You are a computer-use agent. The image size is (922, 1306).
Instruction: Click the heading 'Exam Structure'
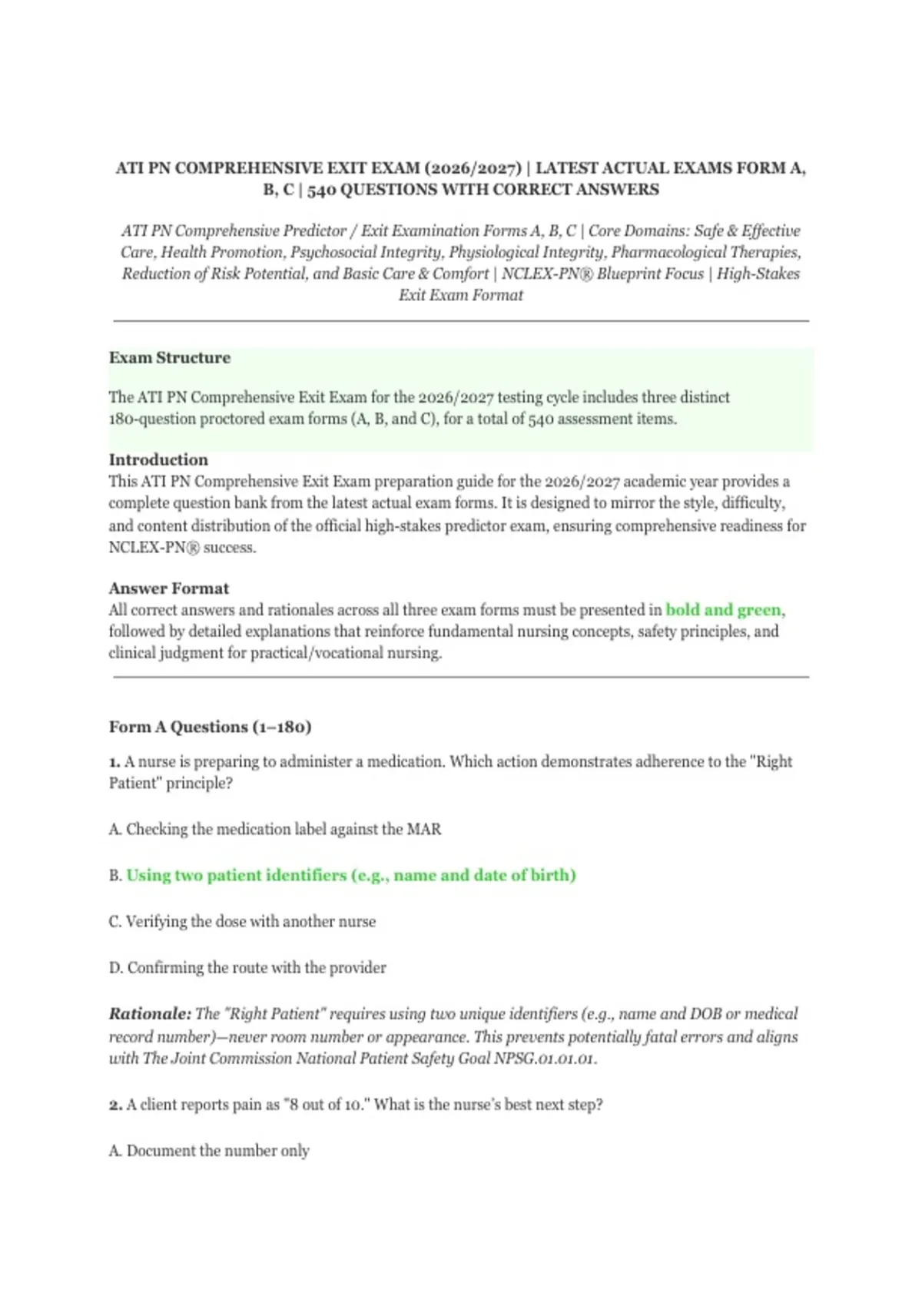click(x=169, y=358)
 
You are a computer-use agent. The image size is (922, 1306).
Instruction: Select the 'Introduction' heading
click(x=158, y=460)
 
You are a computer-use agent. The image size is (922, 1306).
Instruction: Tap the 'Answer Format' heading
click(x=168, y=588)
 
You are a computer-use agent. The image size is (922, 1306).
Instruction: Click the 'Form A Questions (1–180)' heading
click(x=210, y=727)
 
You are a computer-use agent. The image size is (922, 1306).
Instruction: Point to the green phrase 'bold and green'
click(x=723, y=610)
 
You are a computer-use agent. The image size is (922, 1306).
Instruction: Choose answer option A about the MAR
click(x=275, y=830)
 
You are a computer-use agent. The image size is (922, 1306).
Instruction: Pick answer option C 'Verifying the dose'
click(x=242, y=922)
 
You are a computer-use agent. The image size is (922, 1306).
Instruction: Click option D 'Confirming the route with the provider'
click(x=247, y=968)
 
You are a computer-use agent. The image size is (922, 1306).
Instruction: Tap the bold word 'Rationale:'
click(x=150, y=1014)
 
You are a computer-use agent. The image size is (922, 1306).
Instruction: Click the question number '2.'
click(x=115, y=1105)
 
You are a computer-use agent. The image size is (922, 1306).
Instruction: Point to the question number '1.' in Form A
click(x=114, y=762)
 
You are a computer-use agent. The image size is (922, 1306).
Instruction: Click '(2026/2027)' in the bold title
click(x=472, y=168)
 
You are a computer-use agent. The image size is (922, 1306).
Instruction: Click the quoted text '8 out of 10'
click(x=328, y=1105)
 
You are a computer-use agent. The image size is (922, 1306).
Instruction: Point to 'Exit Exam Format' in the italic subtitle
click(x=461, y=295)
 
